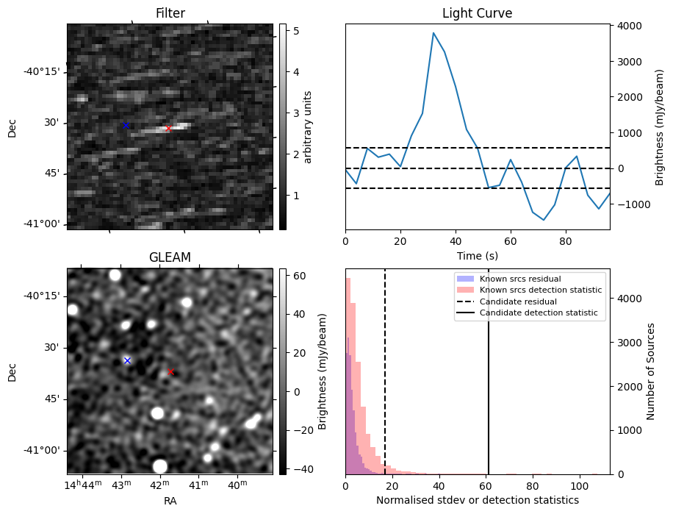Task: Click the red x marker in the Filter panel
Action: coord(168,129)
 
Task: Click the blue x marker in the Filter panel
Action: coord(126,125)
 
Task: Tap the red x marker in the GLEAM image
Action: coord(171,372)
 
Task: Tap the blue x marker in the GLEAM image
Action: coord(127,360)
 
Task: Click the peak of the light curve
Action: coord(433,33)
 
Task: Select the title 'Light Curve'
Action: coord(477,13)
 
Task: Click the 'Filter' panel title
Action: coord(170,13)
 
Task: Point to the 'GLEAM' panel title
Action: coord(170,257)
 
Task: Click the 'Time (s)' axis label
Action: coord(477,256)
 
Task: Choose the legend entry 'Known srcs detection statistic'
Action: coord(541,290)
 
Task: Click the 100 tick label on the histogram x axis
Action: coord(579,486)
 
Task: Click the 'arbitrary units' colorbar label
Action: coord(308,126)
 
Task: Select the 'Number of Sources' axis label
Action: coord(651,371)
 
